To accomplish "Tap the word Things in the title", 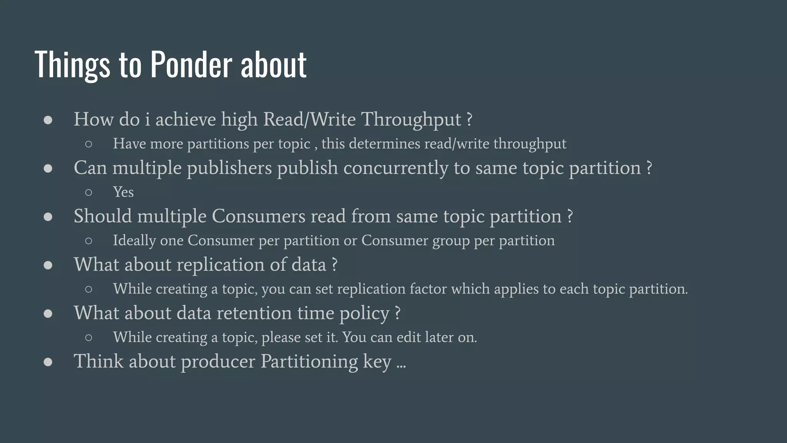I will tap(72, 65).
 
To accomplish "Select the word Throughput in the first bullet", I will tap(411, 120).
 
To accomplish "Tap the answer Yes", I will tap(123, 192).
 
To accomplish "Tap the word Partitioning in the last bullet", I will tap(309, 361).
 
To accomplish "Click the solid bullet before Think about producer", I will tap(48, 362).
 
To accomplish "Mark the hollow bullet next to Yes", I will tap(88, 192).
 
